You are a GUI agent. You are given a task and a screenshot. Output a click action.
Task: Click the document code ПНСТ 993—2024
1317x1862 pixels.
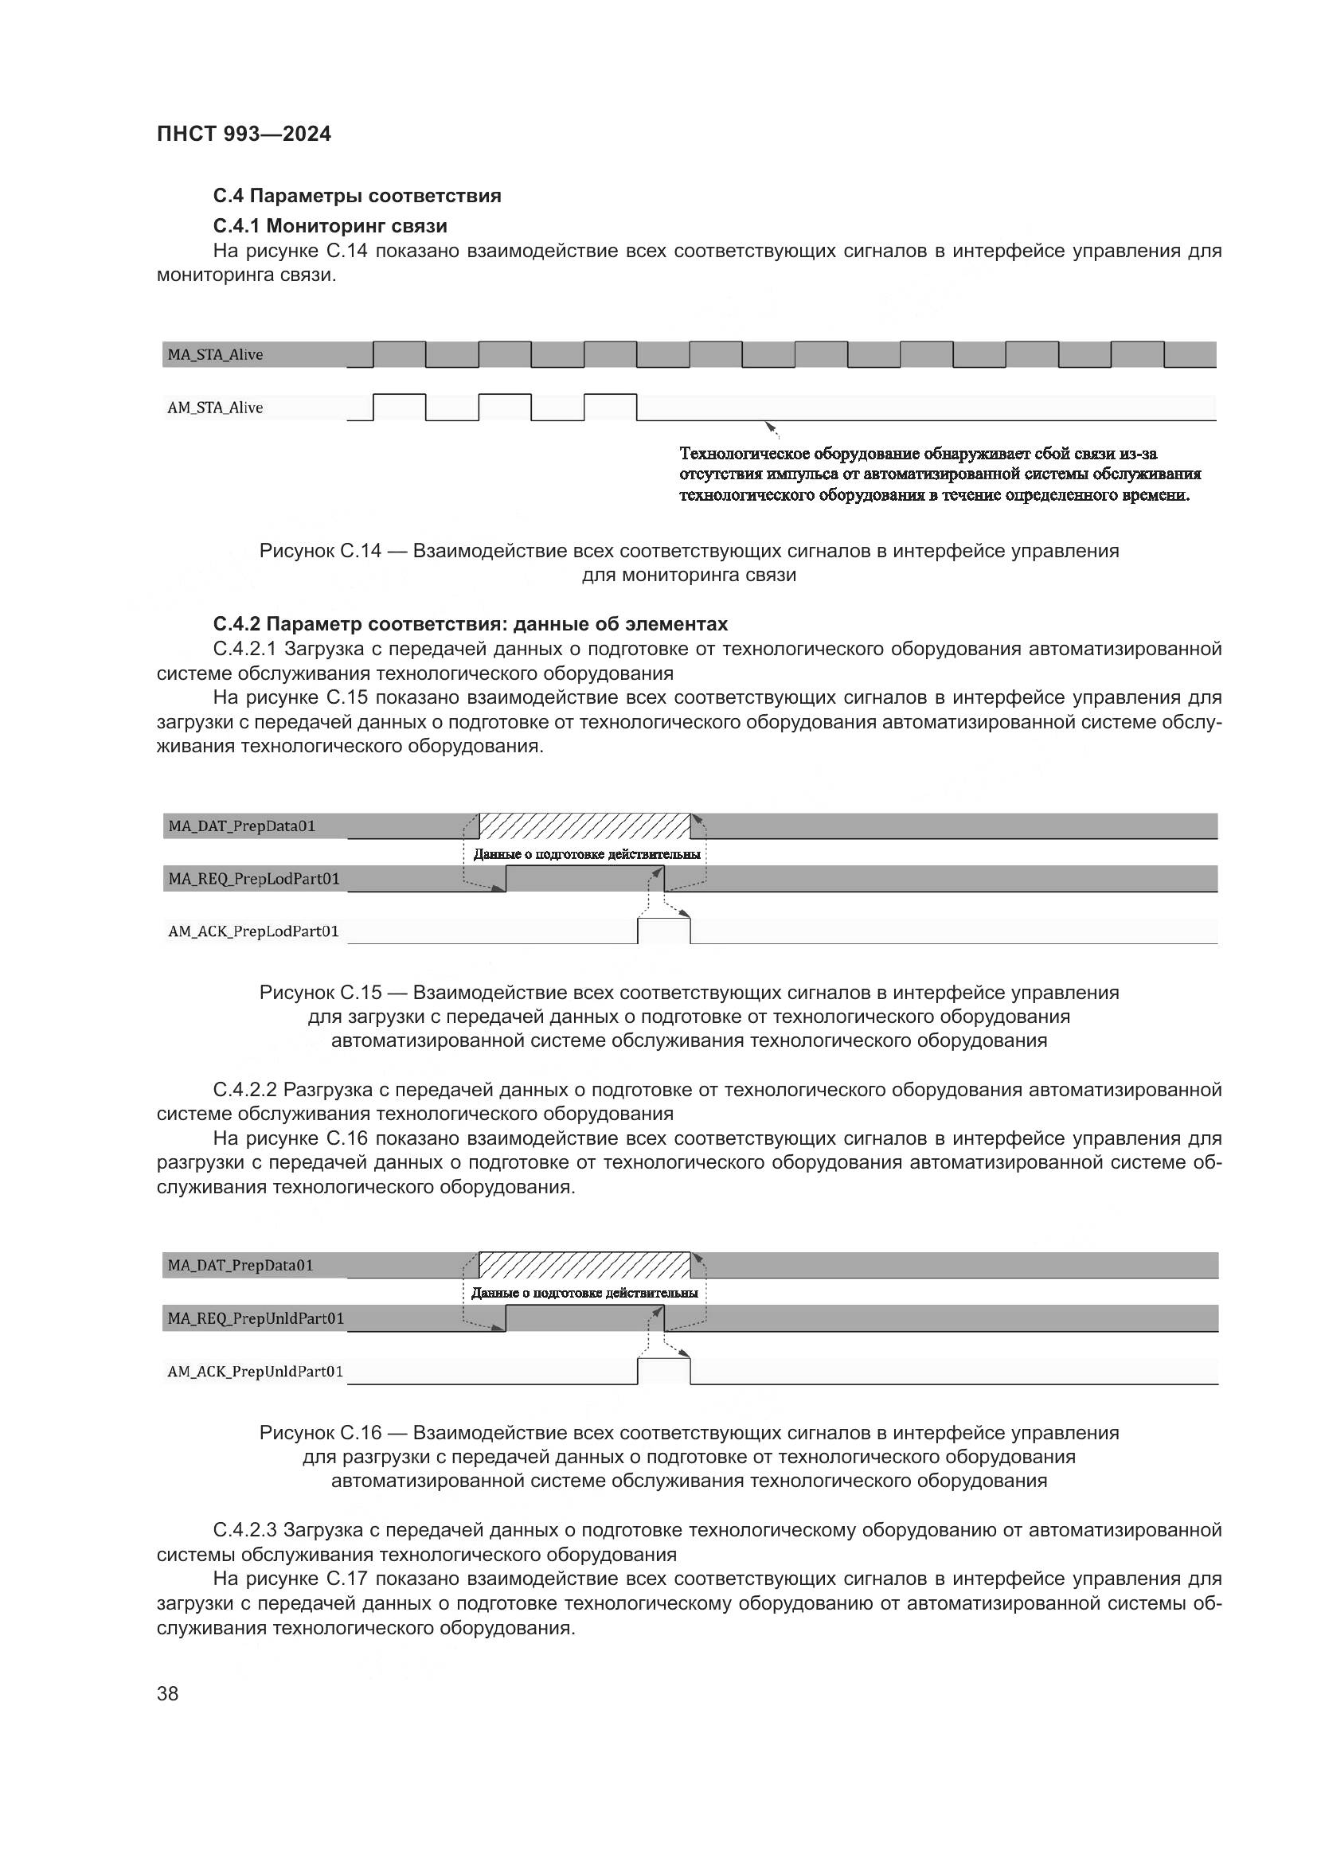[x=244, y=134]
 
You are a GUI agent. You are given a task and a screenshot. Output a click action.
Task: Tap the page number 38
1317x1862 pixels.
[x=168, y=1693]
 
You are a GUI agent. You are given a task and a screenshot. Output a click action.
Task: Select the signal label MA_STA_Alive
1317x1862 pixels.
[x=215, y=354]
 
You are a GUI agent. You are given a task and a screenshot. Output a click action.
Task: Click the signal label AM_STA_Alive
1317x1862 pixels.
[x=215, y=408]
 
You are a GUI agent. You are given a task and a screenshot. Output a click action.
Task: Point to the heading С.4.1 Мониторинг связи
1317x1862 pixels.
[x=330, y=224]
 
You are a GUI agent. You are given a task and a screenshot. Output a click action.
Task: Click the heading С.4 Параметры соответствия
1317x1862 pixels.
[x=357, y=196]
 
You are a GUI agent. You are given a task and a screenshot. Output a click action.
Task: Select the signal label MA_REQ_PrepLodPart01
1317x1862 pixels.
[x=254, y=878]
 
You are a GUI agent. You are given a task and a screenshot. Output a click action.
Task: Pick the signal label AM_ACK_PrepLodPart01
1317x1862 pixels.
[x=253, y=931]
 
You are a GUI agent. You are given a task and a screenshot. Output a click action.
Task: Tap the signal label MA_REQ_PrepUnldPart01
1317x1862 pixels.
[x=256, y=1317]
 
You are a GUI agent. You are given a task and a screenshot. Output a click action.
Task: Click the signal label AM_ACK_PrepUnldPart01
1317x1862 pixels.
[x=256, y=1372]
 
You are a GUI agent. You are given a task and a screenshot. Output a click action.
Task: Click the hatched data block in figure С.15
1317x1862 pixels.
[x=584, y=826]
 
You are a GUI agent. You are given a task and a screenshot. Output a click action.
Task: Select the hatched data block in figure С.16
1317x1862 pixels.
[x=584, y=1265]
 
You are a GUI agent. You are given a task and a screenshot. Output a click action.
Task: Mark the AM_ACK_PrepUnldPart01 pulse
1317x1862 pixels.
[x=664, y=1371]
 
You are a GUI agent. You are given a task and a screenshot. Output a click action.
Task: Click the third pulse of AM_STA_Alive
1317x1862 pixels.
[x=610, y=406]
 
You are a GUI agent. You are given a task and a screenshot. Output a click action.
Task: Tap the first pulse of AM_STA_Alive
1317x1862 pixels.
[x=399, y=406]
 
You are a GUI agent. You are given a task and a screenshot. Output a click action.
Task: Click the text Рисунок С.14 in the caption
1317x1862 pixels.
[x=319, y=551]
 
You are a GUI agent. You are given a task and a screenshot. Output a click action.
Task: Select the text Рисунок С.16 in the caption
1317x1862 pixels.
[x=319, y=1433]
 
